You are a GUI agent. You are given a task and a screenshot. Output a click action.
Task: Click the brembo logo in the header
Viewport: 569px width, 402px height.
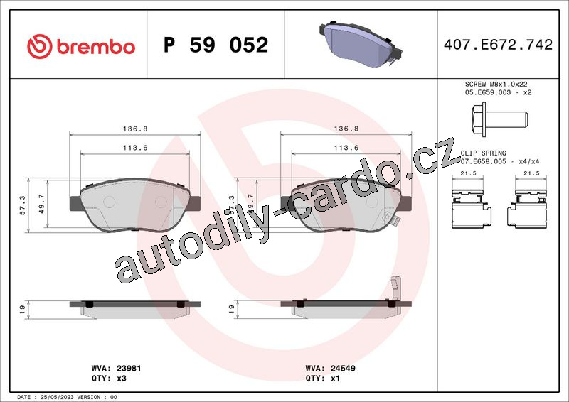tap(81, 46)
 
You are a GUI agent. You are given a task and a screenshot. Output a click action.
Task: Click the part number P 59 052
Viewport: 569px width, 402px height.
tap(216, 45)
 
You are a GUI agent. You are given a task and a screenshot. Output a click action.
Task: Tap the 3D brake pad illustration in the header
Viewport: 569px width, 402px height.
tap(361, 44)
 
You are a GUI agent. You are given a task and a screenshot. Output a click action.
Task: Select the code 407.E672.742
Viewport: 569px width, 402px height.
tap(499, 45)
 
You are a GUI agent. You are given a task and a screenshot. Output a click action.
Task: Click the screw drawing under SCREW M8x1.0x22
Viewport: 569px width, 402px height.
tap(500, 119)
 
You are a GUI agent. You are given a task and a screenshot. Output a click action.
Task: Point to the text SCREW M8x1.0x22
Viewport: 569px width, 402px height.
tap(496, 84)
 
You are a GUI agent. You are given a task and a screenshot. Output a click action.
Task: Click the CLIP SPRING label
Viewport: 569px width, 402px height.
tap(483, 153)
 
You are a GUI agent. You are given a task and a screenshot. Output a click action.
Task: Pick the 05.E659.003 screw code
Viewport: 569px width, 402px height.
tap(488, 92)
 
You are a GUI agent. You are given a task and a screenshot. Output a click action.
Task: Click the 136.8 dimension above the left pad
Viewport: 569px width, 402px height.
tap(135, 129)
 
